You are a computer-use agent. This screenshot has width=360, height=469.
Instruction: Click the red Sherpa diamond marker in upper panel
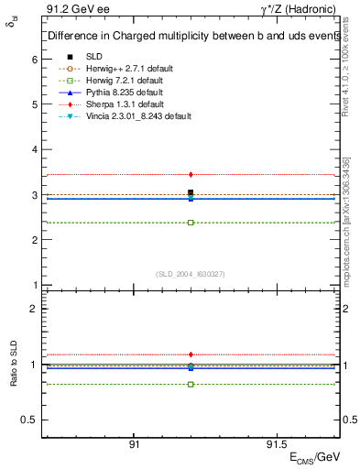pos(191,174)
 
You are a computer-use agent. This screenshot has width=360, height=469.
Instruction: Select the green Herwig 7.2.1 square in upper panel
pos(191,223)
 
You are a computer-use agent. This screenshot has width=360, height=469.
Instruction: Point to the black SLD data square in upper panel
pos(191,192)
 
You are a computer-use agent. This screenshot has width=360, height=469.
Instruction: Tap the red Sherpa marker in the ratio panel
pos(191,354)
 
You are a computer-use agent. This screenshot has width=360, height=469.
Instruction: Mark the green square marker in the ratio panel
pos(191,384)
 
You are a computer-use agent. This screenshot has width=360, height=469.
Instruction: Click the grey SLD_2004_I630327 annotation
pos(191,273)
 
